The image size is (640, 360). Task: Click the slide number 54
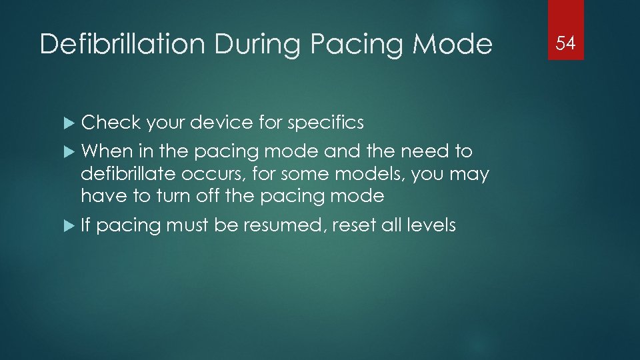[565, 44]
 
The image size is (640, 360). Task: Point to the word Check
[111, 123]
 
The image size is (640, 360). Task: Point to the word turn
[158, 196]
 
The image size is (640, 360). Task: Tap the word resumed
[290, 225]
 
